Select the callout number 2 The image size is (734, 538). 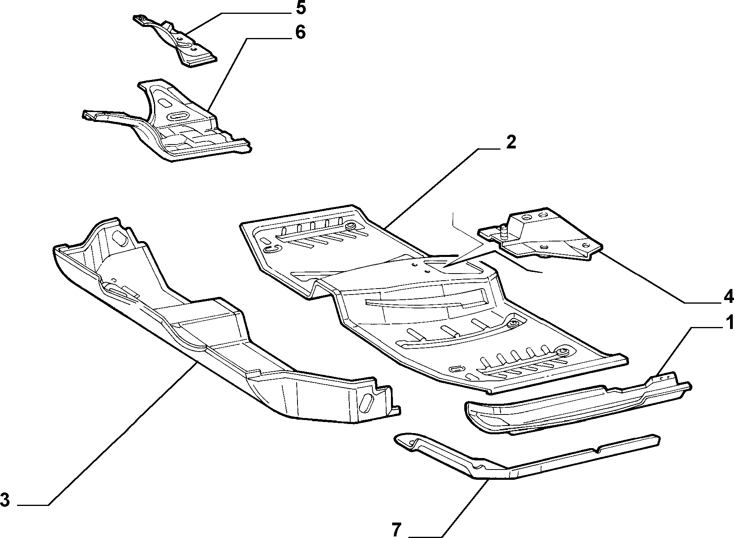point(511,142)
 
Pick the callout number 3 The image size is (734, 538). point(5,500)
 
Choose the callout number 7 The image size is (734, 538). point(397,530)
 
